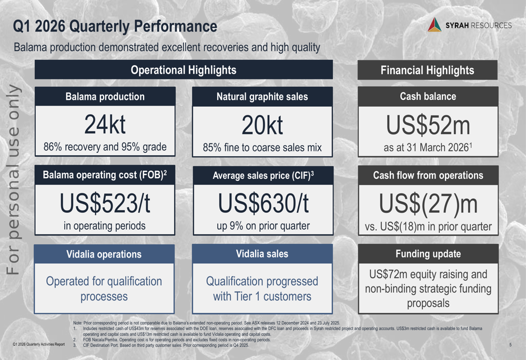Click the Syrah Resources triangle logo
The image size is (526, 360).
point(434,25)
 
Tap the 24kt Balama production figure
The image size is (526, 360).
point(105,125)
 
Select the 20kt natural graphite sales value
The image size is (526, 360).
point(262,126)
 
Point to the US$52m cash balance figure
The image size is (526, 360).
point(428,126)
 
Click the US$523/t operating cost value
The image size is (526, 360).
point(105,204)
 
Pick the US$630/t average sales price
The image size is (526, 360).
point(262,204)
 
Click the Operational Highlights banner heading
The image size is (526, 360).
point(184,70)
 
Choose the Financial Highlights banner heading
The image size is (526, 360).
point(427,70)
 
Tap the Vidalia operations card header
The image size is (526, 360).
point(104,254)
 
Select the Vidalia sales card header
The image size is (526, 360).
point(262,254)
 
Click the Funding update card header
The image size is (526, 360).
point(428,254)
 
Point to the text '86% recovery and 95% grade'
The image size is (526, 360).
point(105,147)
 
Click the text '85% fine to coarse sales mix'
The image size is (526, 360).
point(262,148)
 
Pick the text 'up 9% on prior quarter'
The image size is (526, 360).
point(262,227)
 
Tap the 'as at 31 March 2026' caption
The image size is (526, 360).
point(426,148)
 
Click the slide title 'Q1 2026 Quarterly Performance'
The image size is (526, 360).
point(115,26)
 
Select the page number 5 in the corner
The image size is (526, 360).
point(511,345)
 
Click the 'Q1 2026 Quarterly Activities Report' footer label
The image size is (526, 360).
point(38,345)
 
